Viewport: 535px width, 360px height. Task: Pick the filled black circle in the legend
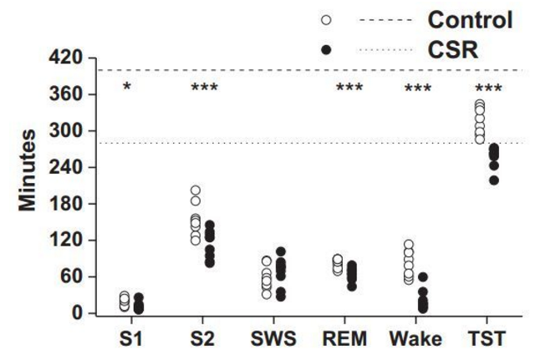[x=326, y=50]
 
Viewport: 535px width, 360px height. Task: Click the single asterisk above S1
[x=126, y=88]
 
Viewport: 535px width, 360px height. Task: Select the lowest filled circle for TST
[x=493, y=180]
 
